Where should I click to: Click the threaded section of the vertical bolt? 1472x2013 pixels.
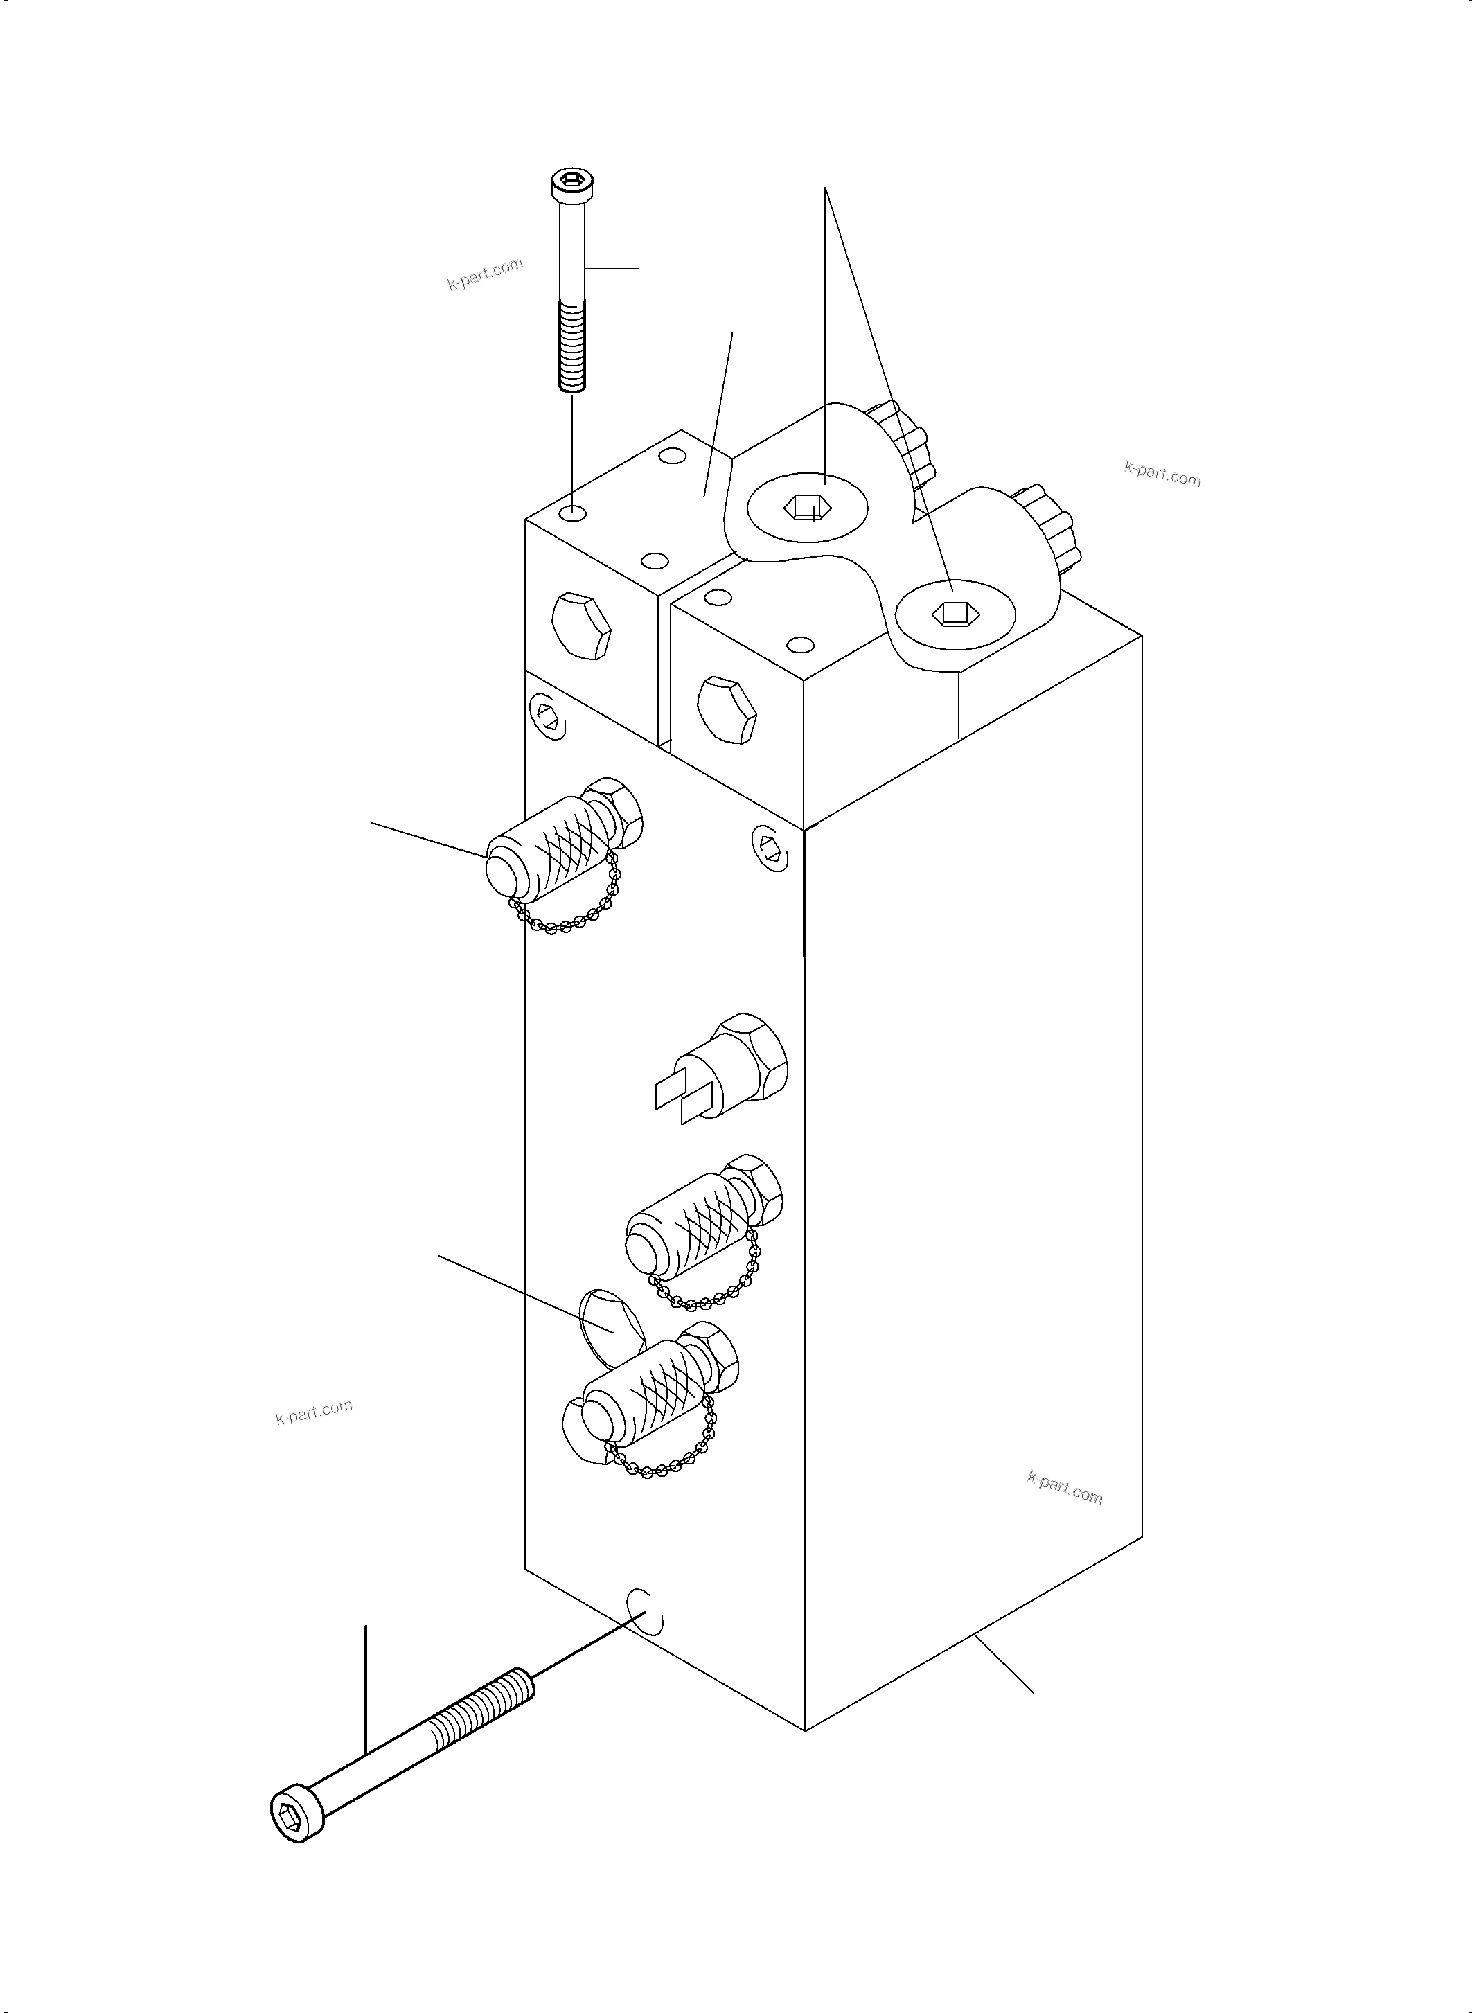pos(571,346)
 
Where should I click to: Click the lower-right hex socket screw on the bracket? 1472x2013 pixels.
pos(952,613)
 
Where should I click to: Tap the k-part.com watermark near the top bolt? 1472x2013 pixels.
pos(485,274)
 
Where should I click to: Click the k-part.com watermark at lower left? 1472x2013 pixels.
pos(314,1412)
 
